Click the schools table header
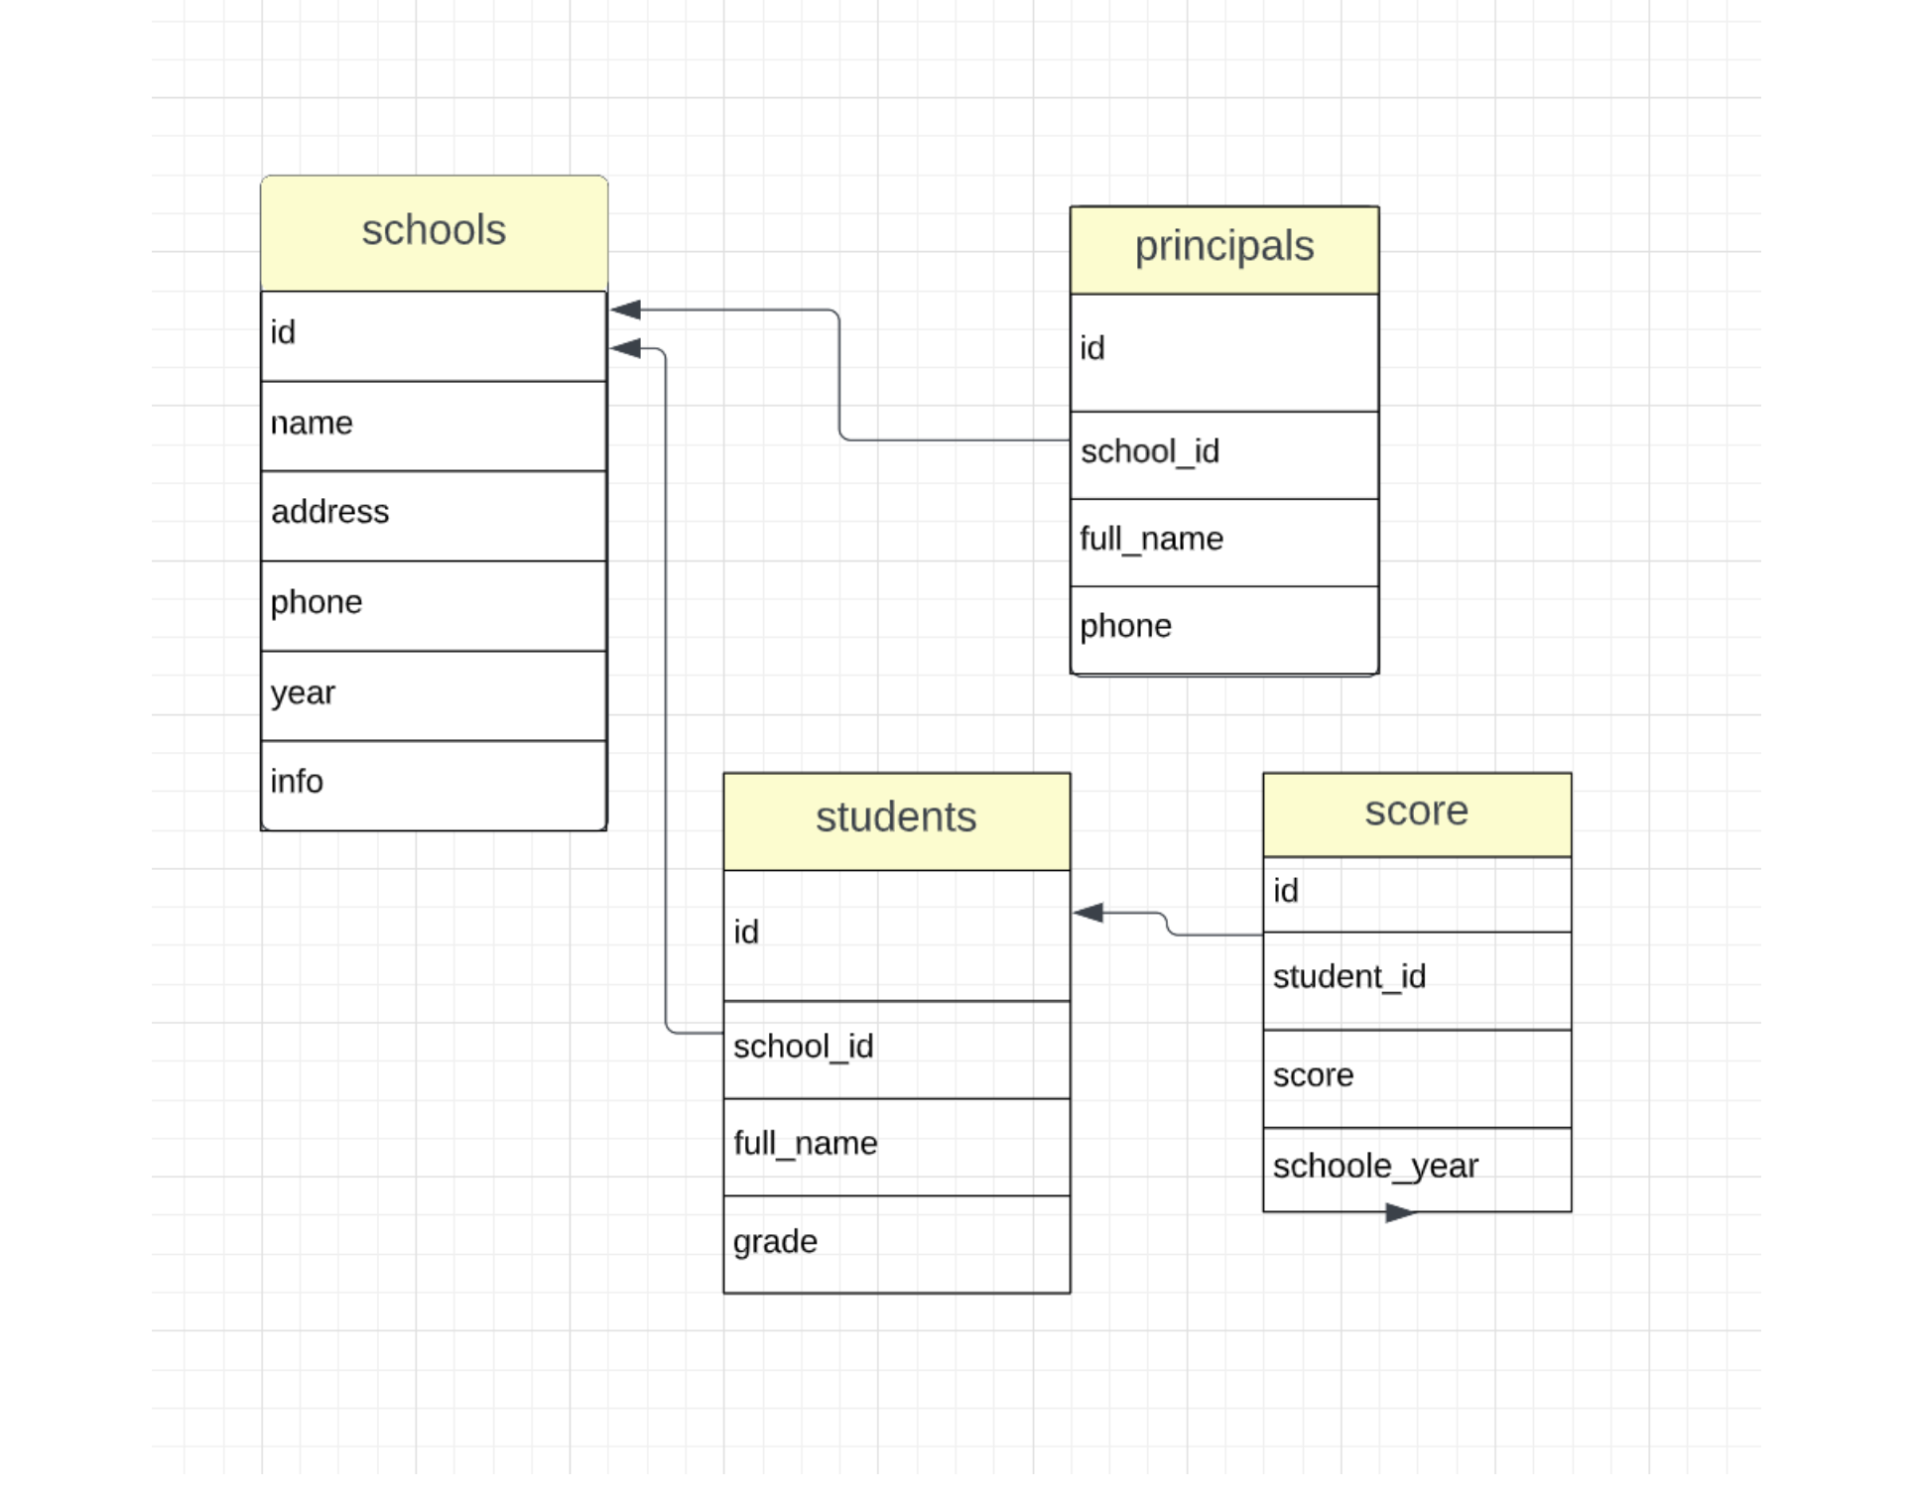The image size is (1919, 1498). point(434,231)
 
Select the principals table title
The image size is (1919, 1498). point(1223,247)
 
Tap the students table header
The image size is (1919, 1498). point(896,818)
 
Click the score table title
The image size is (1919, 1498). point(1416,811)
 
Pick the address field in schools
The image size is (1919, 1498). point(330,512)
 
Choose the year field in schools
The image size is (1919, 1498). point(304,692)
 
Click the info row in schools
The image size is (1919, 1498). point(297,782)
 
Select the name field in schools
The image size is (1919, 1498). point(312,424)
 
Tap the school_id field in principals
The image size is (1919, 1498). point(1150,452)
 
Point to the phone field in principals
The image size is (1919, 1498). point(1125,627)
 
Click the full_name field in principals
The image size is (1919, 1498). point(1151,540)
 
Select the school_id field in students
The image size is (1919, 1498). point(803,1047)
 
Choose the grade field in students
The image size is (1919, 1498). point(775,1242)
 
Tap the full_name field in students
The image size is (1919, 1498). point(805,1144)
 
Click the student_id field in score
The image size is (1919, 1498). point(1348,977)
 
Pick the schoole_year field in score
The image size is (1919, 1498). point(1374,1167)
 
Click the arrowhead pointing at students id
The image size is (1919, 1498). point(1088,913)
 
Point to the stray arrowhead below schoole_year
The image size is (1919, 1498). point(1400,1212)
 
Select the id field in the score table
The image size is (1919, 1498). point(1286,892)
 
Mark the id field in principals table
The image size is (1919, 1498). point(1091,349)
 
